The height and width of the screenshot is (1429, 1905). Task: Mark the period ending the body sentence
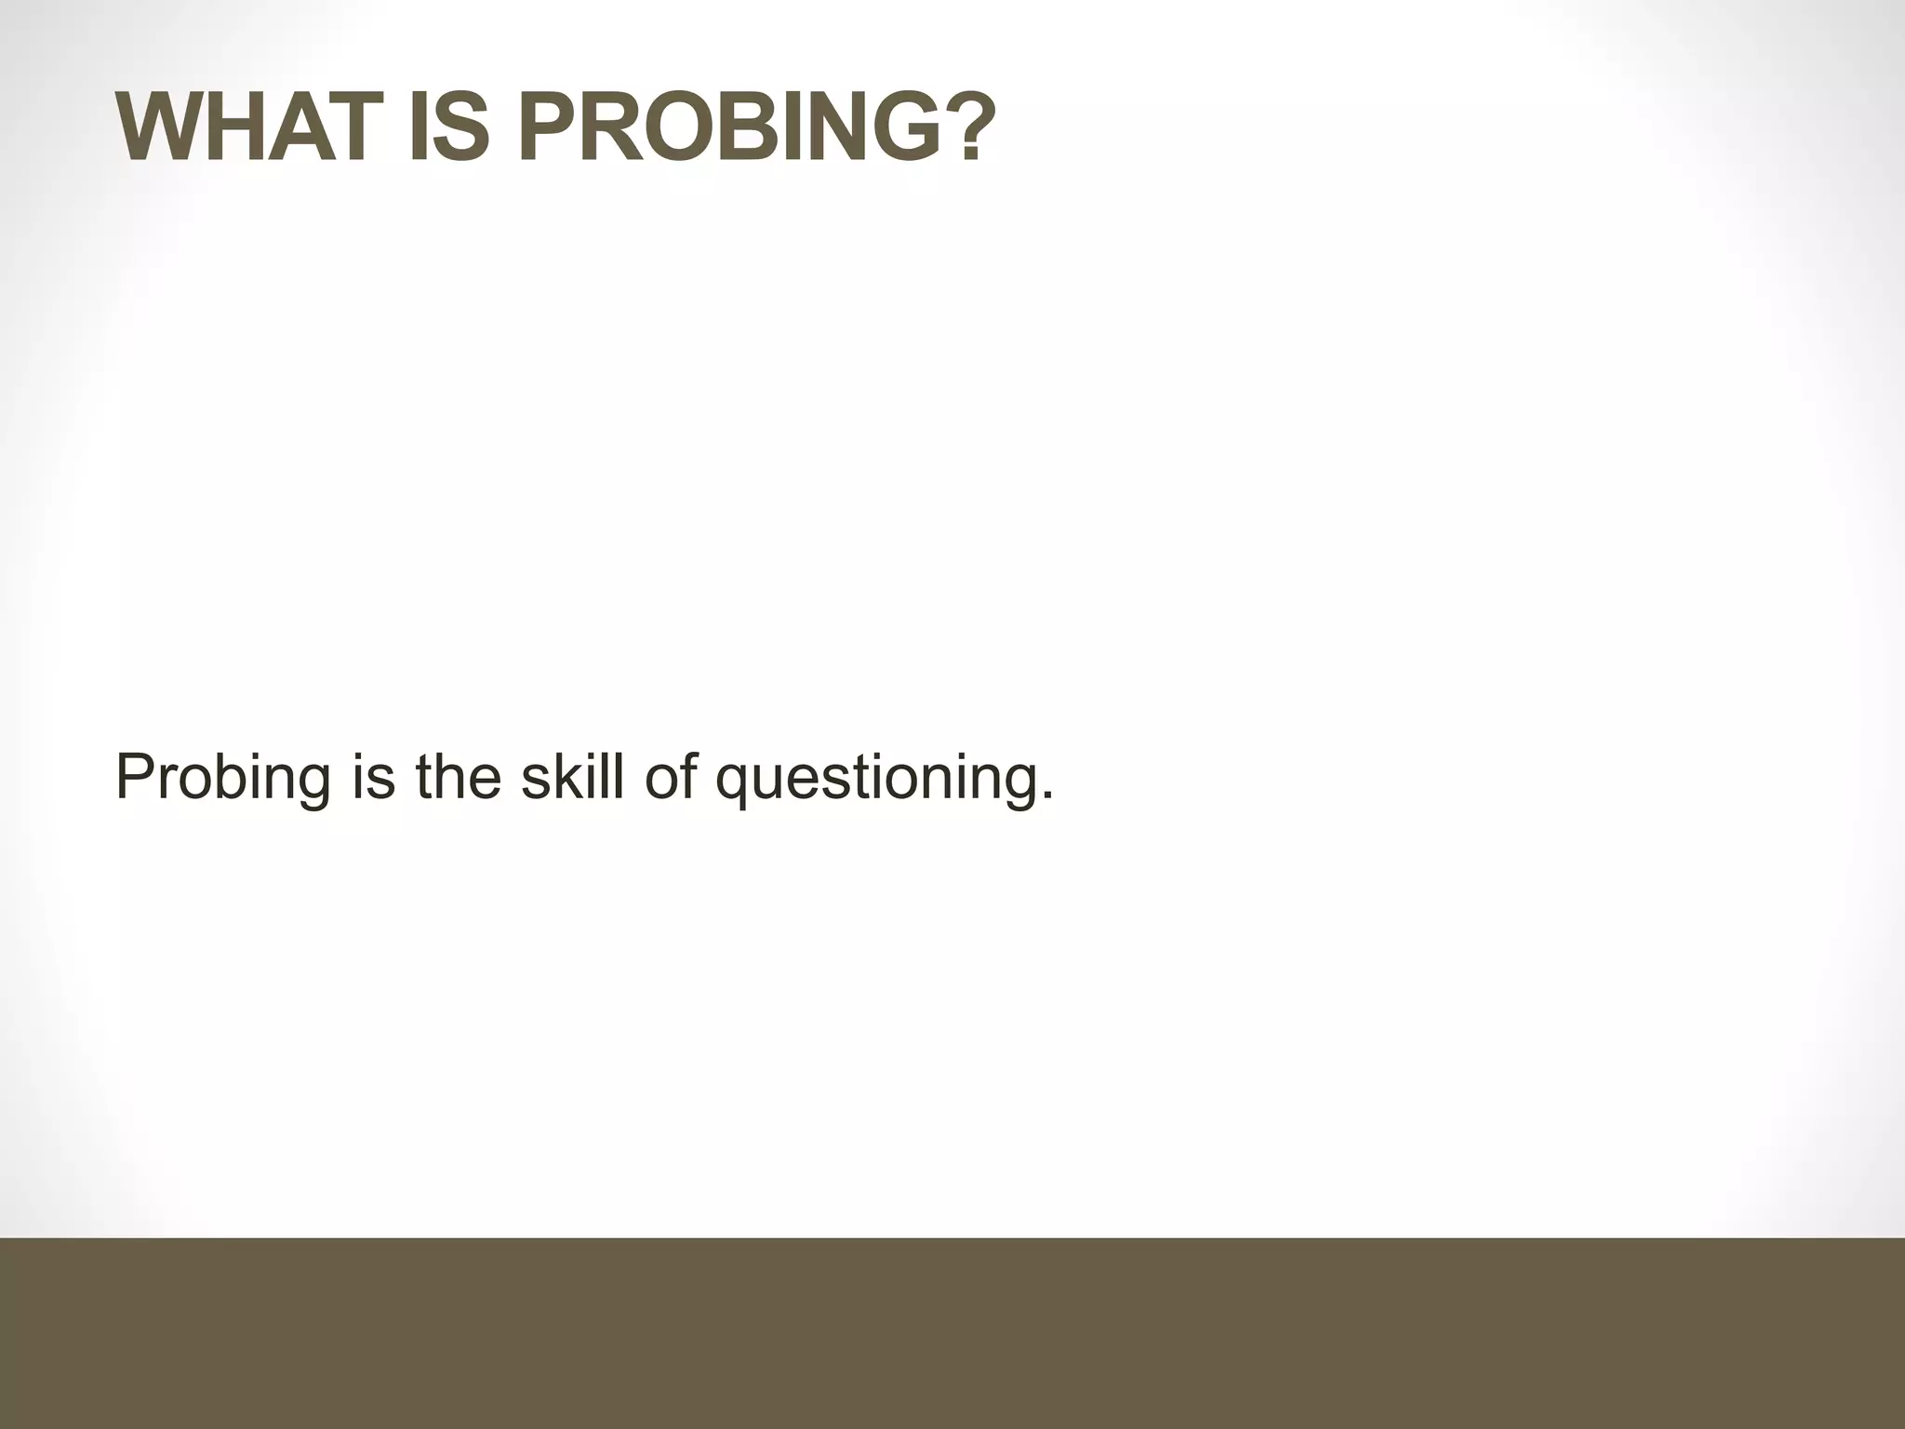tap(1048, 797)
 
